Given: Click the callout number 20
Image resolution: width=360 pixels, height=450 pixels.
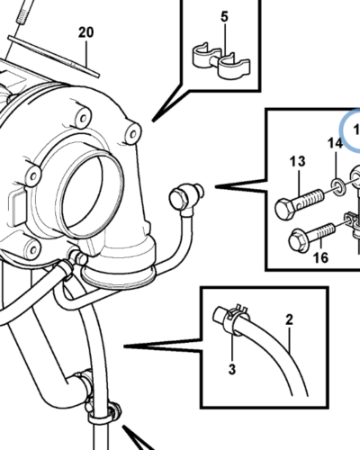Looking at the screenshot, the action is pos(85,32).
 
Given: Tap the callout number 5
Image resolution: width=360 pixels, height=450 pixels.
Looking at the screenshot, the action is pos(224,17).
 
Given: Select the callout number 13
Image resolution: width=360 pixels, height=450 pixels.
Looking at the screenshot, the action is pos(297,161).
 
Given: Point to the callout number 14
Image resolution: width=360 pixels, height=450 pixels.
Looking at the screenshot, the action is pos(335,143).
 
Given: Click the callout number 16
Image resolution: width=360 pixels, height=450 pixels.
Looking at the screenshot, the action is pos(320,257).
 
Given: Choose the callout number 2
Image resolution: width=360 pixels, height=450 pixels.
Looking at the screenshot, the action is pos(289,319).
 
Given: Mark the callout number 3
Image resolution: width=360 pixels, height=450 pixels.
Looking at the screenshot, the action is pos(232,369).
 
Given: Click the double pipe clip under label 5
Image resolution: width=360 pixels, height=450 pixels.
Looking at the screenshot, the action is pos(220,61).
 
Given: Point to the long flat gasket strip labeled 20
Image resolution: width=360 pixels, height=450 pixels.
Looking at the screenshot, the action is pos(53,56).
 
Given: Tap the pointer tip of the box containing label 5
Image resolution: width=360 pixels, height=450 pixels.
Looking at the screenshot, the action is pos(153,121).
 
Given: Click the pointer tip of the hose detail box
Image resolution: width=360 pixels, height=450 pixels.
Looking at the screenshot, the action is pos(124,346).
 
